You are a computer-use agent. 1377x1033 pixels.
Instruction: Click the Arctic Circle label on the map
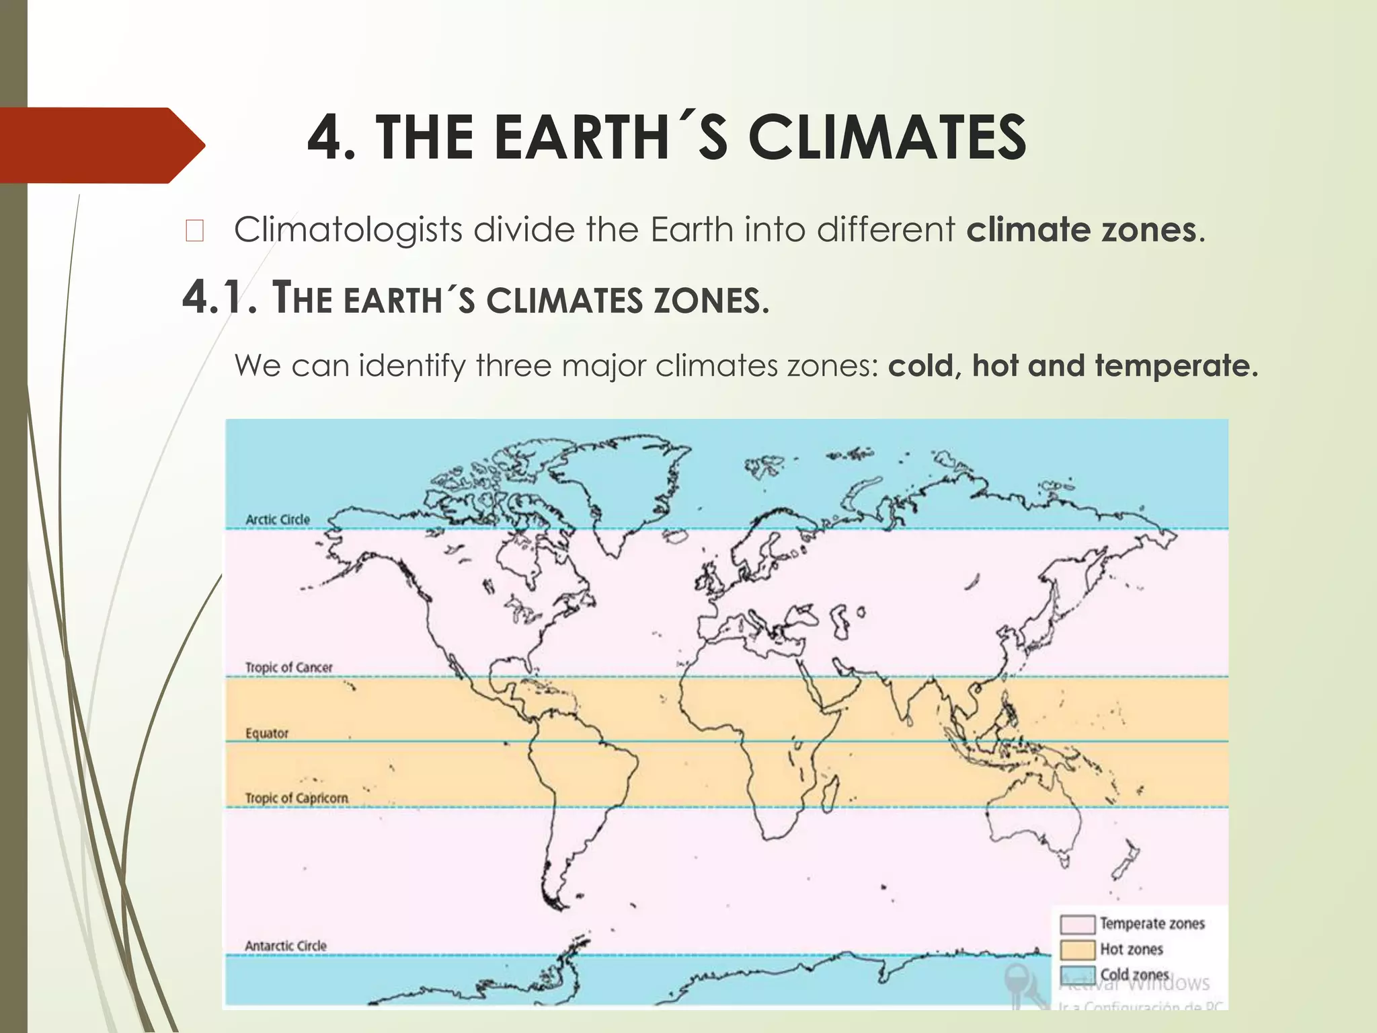[278, 519]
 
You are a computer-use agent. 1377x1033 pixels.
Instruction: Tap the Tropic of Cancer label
[288, 667]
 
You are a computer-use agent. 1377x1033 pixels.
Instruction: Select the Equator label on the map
[267, 733]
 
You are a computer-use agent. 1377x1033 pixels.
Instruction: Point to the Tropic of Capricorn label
[297, 798]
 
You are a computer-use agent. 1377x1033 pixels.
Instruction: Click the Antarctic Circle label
[286, 946]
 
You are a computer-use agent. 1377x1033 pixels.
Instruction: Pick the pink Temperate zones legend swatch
[1077, 924]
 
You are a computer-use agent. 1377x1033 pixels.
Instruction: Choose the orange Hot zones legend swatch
[1077, 950]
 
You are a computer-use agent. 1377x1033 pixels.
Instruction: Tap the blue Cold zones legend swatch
[1077, 974]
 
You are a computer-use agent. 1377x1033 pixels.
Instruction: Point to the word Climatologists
[348, 230]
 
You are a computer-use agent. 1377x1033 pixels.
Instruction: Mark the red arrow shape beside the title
[101, 145]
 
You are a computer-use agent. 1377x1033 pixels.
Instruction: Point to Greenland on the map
[605, 484]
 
